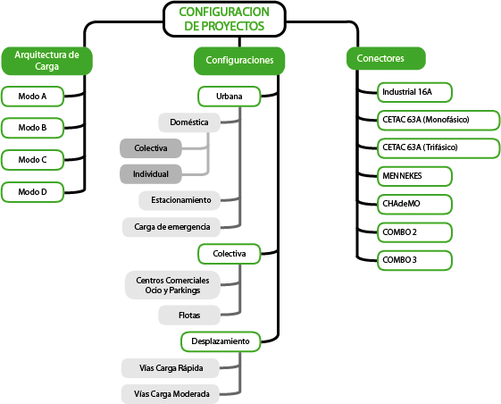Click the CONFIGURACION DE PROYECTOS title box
click(x=224, y=19)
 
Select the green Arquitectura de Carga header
click(x=47, y=61)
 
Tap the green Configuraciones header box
click(x=239, y=61)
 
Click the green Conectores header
click(x=386, y=58)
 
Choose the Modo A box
click(x=32, y=97)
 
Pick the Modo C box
click(x=32, y=160)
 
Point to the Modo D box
click(x=32, y=192)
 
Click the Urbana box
click(x=230, y=97)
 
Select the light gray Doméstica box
click(x=189, y=122)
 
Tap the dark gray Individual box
click(x=151, y=174)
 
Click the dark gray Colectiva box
click(x=151, y=148)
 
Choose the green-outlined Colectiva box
click(x=230, y=254)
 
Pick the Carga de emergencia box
click(x=171, y=227)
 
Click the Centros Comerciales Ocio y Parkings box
click(x=172, y=285)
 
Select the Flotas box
click(x=189, y=316)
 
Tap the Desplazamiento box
click(x=221, y=341)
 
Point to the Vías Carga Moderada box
click(x=171, y=394)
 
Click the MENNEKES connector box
click(x=414, y=176)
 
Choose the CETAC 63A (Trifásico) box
click(x=438, y=147)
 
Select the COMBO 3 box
click(x=414, y=260)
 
